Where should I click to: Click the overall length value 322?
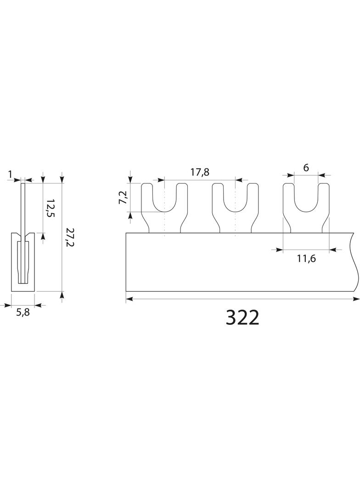(x=242, y=318)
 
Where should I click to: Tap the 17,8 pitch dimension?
(x=200, y=172)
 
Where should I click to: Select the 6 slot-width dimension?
(x=306, y=167)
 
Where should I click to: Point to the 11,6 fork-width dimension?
(x=306, y=259)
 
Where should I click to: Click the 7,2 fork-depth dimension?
(x=123, y=197)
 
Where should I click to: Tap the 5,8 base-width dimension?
(x=23, y=312)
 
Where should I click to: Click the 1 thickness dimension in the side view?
(x=10, y=174)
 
